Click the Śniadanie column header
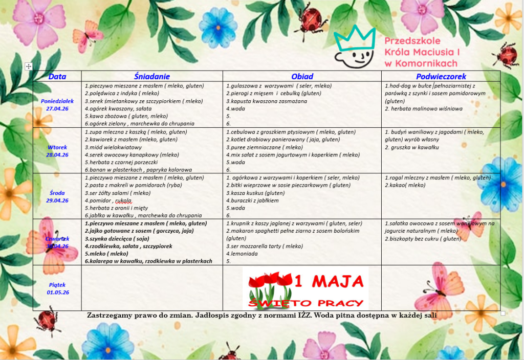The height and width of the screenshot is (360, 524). tap(152, 76)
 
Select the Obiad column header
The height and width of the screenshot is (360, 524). tap(302, 76)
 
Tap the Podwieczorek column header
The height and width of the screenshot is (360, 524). tap(441, 76)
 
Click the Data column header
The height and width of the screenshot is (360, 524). tap(57, 77)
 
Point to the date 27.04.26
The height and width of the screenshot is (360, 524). tap(57, 108)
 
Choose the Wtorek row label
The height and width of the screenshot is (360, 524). tap(57, 147)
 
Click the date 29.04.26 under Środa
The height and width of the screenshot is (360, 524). tap(57, 200)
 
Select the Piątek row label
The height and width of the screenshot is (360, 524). tap(57, 285)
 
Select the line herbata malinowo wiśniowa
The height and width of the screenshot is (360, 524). tap(423, 108)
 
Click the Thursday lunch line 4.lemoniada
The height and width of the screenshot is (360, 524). tap(244, 254)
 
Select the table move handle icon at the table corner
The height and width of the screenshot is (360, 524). tap(29, 66)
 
